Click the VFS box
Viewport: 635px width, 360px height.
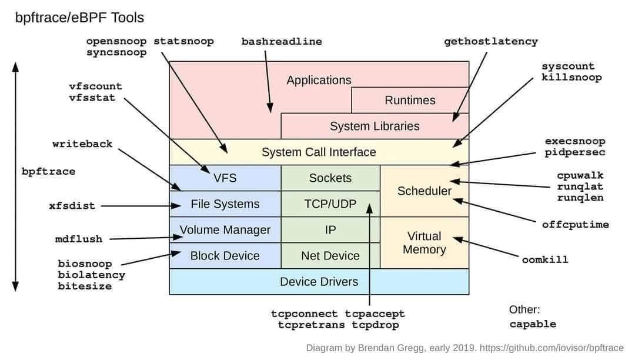pos(225,178)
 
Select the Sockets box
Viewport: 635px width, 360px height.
pos(330,178)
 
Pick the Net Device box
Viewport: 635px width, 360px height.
pos(330,255)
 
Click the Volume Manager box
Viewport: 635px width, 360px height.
pos(225,229)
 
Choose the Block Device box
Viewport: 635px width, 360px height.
pos(225,255)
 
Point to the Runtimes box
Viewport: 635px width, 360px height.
pos(410,100)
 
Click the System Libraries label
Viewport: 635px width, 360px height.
pos(375,126)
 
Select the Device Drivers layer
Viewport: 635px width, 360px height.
pos(319,281)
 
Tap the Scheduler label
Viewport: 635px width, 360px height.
pos(425,191)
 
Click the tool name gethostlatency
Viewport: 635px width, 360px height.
pos(491,42)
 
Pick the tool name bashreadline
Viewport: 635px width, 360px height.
pos(282,42)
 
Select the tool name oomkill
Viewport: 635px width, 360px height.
pos(545,259)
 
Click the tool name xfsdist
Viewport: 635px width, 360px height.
pos(72,206)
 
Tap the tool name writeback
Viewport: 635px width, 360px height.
pos(82,144)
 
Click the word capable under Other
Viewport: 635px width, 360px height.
pos(533,324)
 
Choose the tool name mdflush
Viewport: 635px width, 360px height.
pos(79,239)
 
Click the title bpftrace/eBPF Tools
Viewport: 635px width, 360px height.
pos(79,18)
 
